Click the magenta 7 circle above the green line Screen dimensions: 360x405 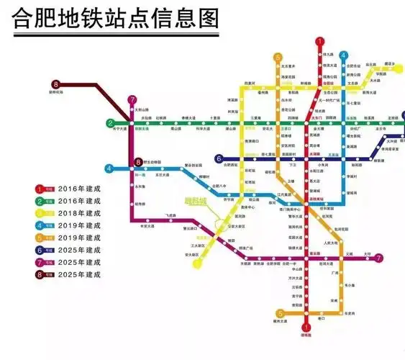point(132,100)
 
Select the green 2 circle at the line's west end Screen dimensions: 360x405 point(111,123)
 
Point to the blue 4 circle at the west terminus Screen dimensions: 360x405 point(109,168)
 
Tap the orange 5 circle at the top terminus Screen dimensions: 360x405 point(278,56)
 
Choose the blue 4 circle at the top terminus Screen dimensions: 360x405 point(344,55)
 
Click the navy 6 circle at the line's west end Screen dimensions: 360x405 point(219,158)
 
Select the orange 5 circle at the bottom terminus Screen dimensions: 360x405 point(280,313)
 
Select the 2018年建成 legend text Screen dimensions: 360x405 point(81,214)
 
